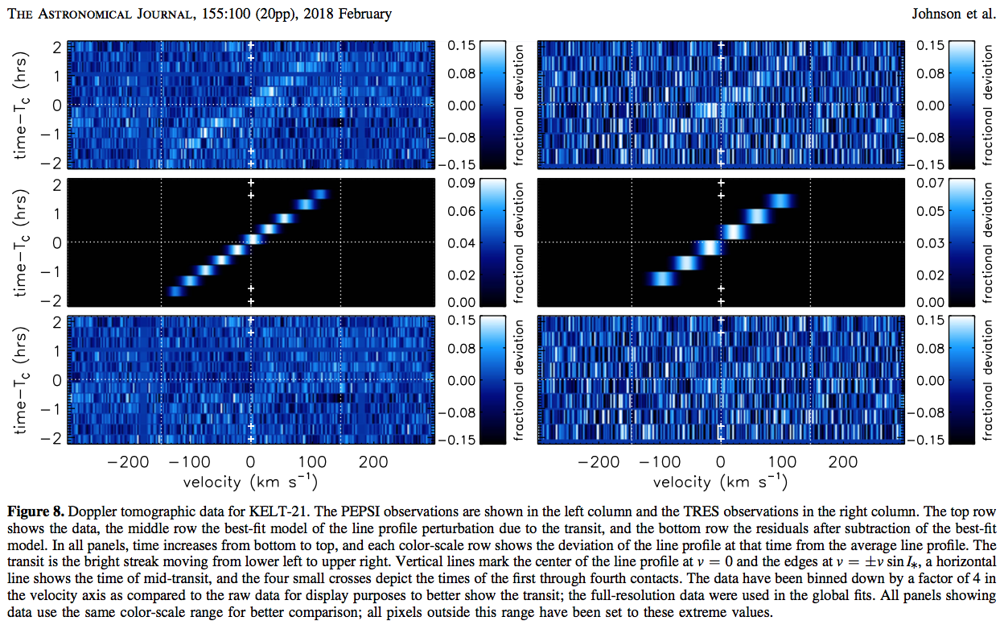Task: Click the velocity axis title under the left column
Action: click(x=251, y=482)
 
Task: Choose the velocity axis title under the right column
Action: click(x=720, y=482)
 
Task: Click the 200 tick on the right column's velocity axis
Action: click(x=843, y=462)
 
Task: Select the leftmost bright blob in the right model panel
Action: click(x=661, y=279)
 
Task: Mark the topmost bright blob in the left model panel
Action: click(x=320, y=193)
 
